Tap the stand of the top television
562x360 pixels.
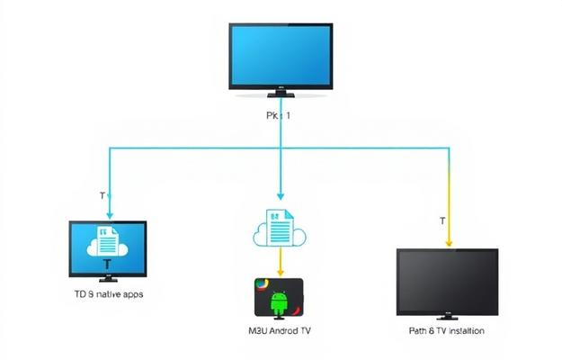click(x=281, y=94)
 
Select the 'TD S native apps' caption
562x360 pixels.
click(x=108, y=294)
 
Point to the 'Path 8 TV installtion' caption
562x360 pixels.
click(x=446, y=331)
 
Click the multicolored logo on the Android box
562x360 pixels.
click(x=260, y=285)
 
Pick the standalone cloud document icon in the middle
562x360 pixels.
click(x=280, y=229)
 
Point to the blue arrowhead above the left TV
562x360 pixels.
click(x=109, y=215)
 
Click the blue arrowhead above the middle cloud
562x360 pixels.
click(x=280, y=197)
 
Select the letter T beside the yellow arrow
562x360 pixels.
click(x=442, y=220)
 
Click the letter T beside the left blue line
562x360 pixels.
click(x=101, y=195)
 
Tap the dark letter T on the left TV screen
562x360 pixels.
click(x=108, y=264)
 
